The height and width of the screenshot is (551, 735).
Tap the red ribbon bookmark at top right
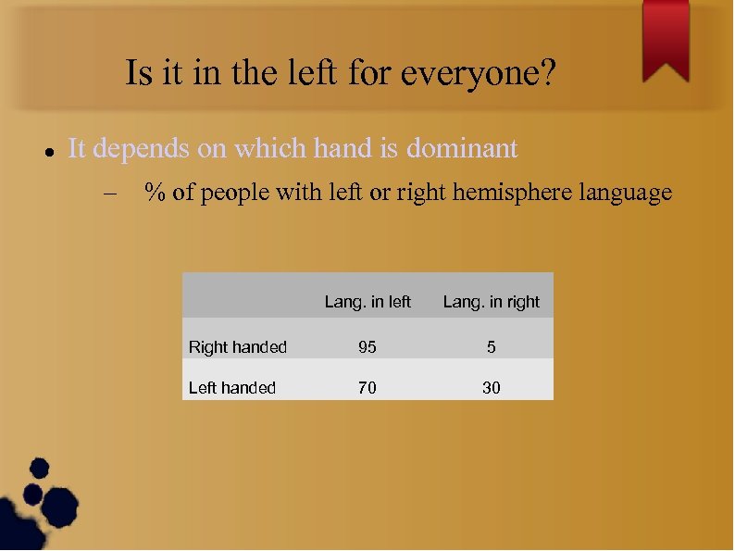coord(666,37)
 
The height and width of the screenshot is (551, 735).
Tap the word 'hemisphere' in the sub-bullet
coord(511,194)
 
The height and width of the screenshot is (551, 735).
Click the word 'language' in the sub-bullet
coord(626,194)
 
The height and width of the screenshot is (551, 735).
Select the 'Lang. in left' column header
coord(367,302)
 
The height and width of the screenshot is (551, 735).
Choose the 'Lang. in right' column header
coord(491,302)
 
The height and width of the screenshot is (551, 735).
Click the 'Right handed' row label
coord(238,347)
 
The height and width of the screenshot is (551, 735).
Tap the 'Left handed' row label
coord(232,388)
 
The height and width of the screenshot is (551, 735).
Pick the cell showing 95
coord(367,347)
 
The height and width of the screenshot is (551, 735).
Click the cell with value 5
coord(491,347)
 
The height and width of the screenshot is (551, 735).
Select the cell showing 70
coord(367,388)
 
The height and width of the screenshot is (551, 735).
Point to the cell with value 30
coord(491,388)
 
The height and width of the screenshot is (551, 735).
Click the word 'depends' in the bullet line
coord(142,148)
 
